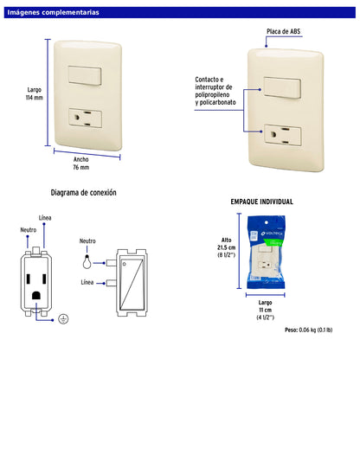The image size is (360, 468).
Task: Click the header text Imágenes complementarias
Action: coord(53,13)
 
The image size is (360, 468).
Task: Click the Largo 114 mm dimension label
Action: coord(35,93)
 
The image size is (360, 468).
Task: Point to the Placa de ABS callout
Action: coord(283,30)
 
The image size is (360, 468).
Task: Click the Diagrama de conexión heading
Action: coord(84,193)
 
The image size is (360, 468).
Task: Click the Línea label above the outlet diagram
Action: coord(49,217)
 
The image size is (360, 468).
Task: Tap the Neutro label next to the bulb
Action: coord(87,241)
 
